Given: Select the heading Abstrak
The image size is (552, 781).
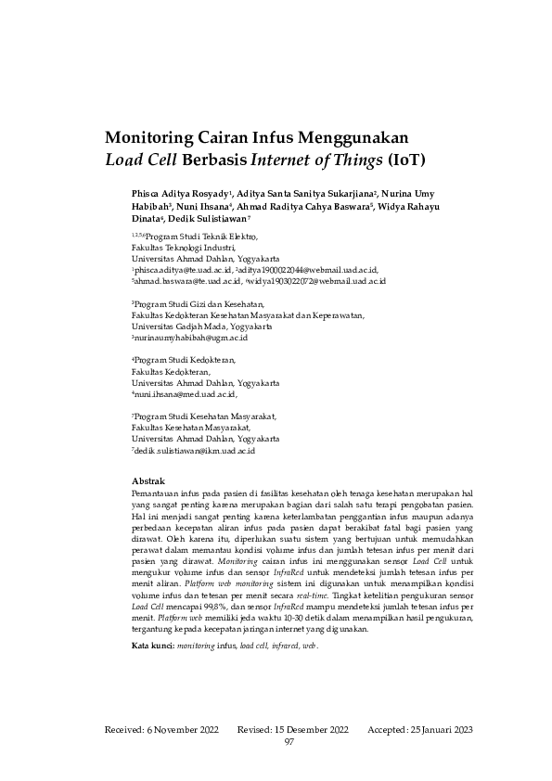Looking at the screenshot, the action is tap(149, 481).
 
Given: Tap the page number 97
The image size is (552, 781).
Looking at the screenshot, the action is tap(289, 741).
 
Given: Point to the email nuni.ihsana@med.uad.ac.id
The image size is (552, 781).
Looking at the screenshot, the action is tap(186, 394).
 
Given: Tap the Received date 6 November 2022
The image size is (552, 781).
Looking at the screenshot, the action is tap(188, 730).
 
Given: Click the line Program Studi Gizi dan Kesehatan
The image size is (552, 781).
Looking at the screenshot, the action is tap(199, 304).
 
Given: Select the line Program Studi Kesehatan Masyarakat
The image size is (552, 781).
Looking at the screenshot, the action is tap(205, 416).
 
